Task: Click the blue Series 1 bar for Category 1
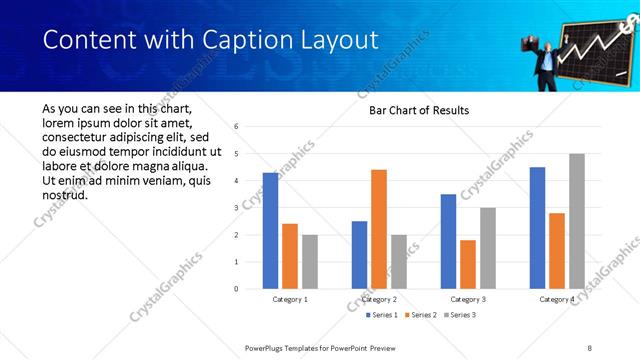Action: coord(270,231)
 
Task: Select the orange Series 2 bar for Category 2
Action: coord(379,229)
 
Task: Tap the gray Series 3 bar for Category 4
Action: coord(576,221)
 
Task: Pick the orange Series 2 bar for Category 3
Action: coord(468,264)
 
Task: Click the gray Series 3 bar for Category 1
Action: coord(310,262)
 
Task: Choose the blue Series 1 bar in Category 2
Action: coord(359,255)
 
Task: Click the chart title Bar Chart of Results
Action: coord(412,110)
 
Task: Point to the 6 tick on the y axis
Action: coord(236,127)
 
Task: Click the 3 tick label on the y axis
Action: coord(236,208)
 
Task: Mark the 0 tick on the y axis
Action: coord(236,289)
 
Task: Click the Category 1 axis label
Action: coord(290,299)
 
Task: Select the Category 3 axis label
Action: coord(468,299)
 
